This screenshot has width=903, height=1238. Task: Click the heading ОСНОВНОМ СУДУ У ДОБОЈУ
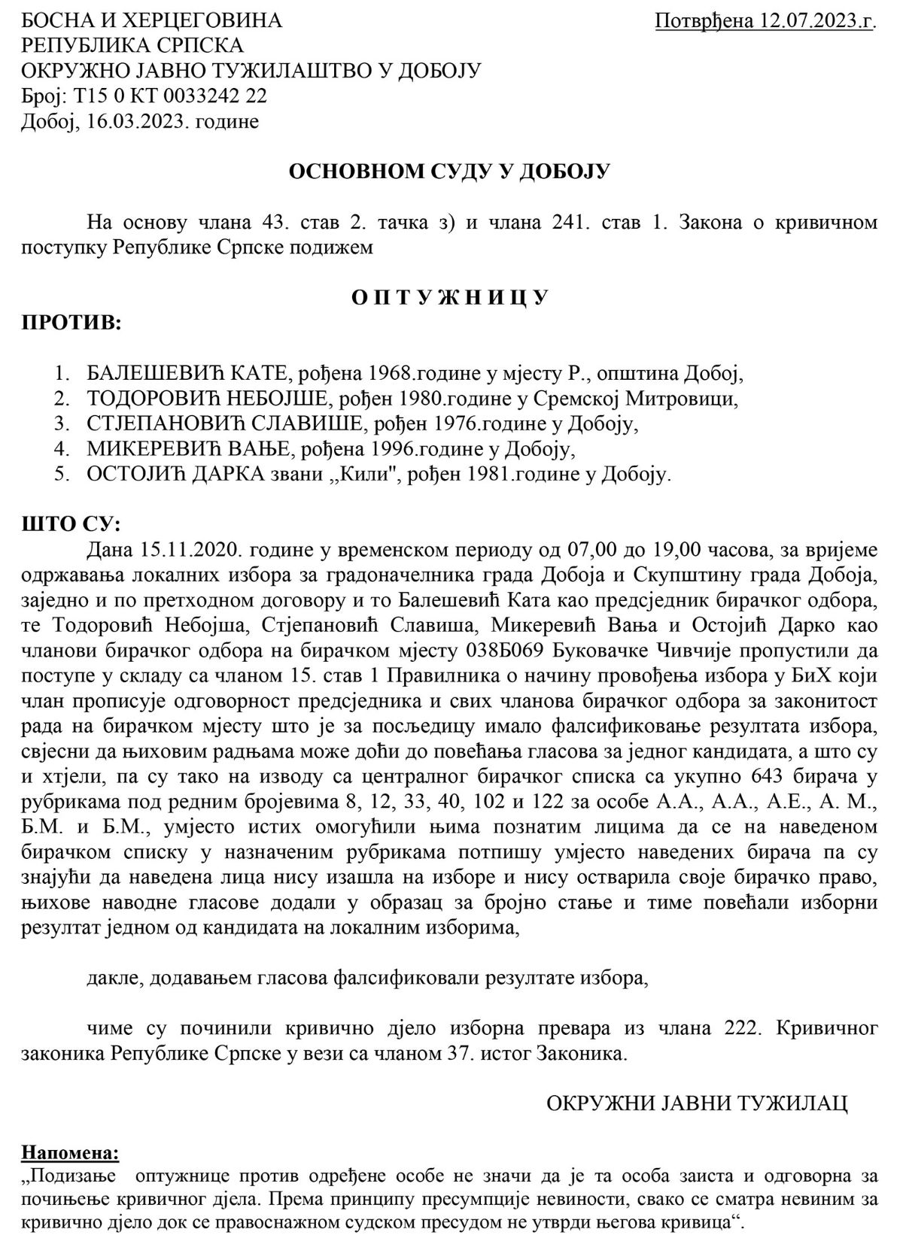click(x=449, y=172)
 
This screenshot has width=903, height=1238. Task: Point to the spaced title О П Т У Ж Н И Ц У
click(x=450, y=297)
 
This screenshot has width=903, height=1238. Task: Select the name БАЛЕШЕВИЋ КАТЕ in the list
click(x=187, y=373)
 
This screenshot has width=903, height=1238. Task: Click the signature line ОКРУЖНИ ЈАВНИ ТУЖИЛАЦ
click(x=696, y=1103)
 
